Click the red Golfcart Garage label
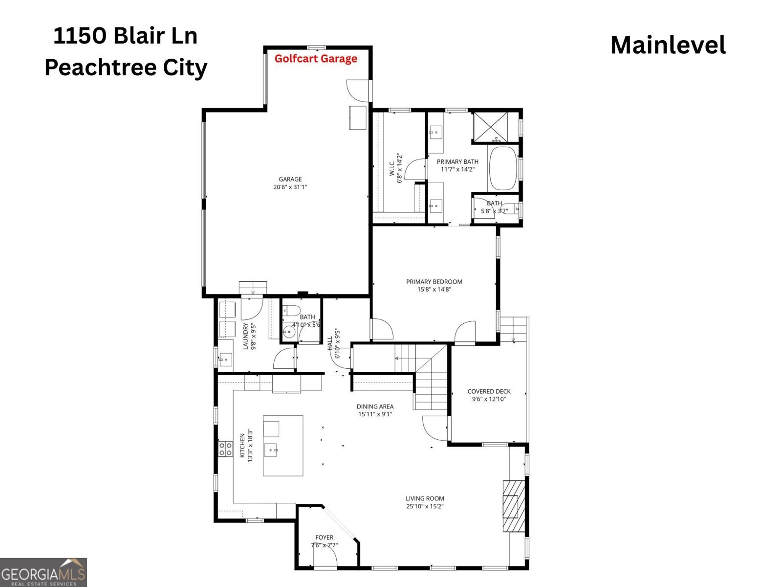click(316, 59)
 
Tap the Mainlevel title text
click(668, 45)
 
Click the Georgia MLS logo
click(43, 572)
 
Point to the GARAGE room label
click(290, 183)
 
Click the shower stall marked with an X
click(490, 127)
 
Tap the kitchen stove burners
click(225, 449)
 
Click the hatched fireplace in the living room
click(514, 506)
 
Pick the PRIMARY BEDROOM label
click(434, 286)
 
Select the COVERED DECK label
click(489, 395)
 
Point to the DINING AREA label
click(375, 410)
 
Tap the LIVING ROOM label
click(425, 502)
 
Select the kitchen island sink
click(271, 450)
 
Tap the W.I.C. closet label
click(395, 168)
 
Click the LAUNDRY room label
click(249, 336)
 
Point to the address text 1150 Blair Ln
click(126, 36)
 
